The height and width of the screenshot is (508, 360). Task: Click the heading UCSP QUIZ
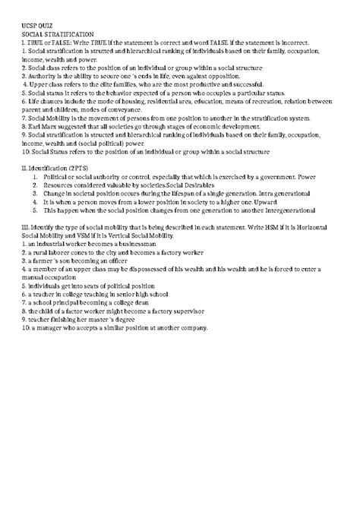(37, 27)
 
